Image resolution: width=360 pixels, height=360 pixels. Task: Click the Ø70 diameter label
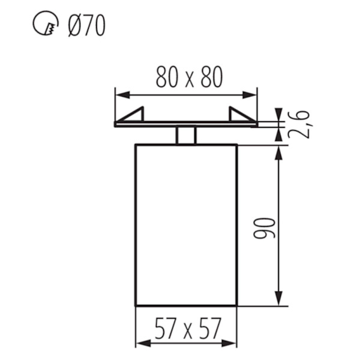[87, 25]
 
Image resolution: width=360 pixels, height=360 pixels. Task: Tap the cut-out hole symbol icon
[46, 23]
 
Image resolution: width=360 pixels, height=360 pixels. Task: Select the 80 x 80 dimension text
[189, 77]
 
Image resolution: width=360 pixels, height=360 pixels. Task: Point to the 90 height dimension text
[264, 228]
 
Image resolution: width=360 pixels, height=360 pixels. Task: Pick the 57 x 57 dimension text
[188, 328]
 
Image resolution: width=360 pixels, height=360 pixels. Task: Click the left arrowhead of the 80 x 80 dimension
[122, 95]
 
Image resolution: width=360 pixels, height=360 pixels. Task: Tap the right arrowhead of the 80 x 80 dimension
[250, 95]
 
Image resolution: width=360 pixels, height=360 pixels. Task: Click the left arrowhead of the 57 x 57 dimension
[144, 343]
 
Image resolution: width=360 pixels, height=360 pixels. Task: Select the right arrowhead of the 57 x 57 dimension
[229, 343]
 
